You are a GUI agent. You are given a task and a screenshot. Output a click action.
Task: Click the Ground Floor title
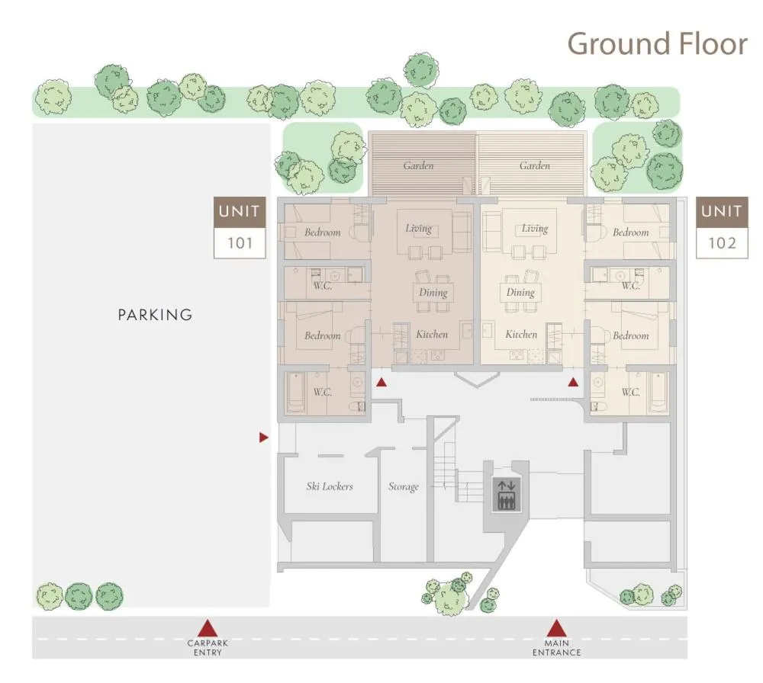(x=656, y=43)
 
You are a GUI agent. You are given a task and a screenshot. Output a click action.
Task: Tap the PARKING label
(x=155, y=314)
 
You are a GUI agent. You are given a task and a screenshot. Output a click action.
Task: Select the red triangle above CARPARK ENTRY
(x=208, y=629)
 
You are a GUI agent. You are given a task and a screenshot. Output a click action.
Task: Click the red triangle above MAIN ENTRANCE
(x=556, y=629)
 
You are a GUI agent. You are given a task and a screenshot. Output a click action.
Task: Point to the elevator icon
(x=506, y=494)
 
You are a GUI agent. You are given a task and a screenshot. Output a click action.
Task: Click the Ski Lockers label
(x=330, y=486)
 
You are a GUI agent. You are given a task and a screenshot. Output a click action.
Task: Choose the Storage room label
(x=403, y=486)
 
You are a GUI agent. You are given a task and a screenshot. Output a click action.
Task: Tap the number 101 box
(x=240, y=243)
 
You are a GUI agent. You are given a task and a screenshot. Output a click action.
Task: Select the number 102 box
(x=722, y=243)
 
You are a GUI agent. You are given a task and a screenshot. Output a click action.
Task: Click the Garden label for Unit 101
(x=418, y=165)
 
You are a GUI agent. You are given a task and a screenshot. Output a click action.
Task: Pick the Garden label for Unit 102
(x=534, y=165)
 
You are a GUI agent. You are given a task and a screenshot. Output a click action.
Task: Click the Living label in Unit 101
(x=418, y=228)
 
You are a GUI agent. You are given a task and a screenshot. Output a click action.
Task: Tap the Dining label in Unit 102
(x=520, y=292)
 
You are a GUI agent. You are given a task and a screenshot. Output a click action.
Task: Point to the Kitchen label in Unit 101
(x=432, y=334)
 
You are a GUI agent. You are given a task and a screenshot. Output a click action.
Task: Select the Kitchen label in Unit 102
(x=521, y=334)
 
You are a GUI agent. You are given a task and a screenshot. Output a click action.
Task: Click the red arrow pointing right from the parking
(x=263, y=438)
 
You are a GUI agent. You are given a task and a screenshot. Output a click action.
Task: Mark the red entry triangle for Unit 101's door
(x=381, y=383)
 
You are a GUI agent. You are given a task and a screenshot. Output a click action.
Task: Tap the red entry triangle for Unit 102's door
(x=573, y=383)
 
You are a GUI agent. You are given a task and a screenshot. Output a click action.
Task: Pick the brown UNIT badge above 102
(x=722, y=212)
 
